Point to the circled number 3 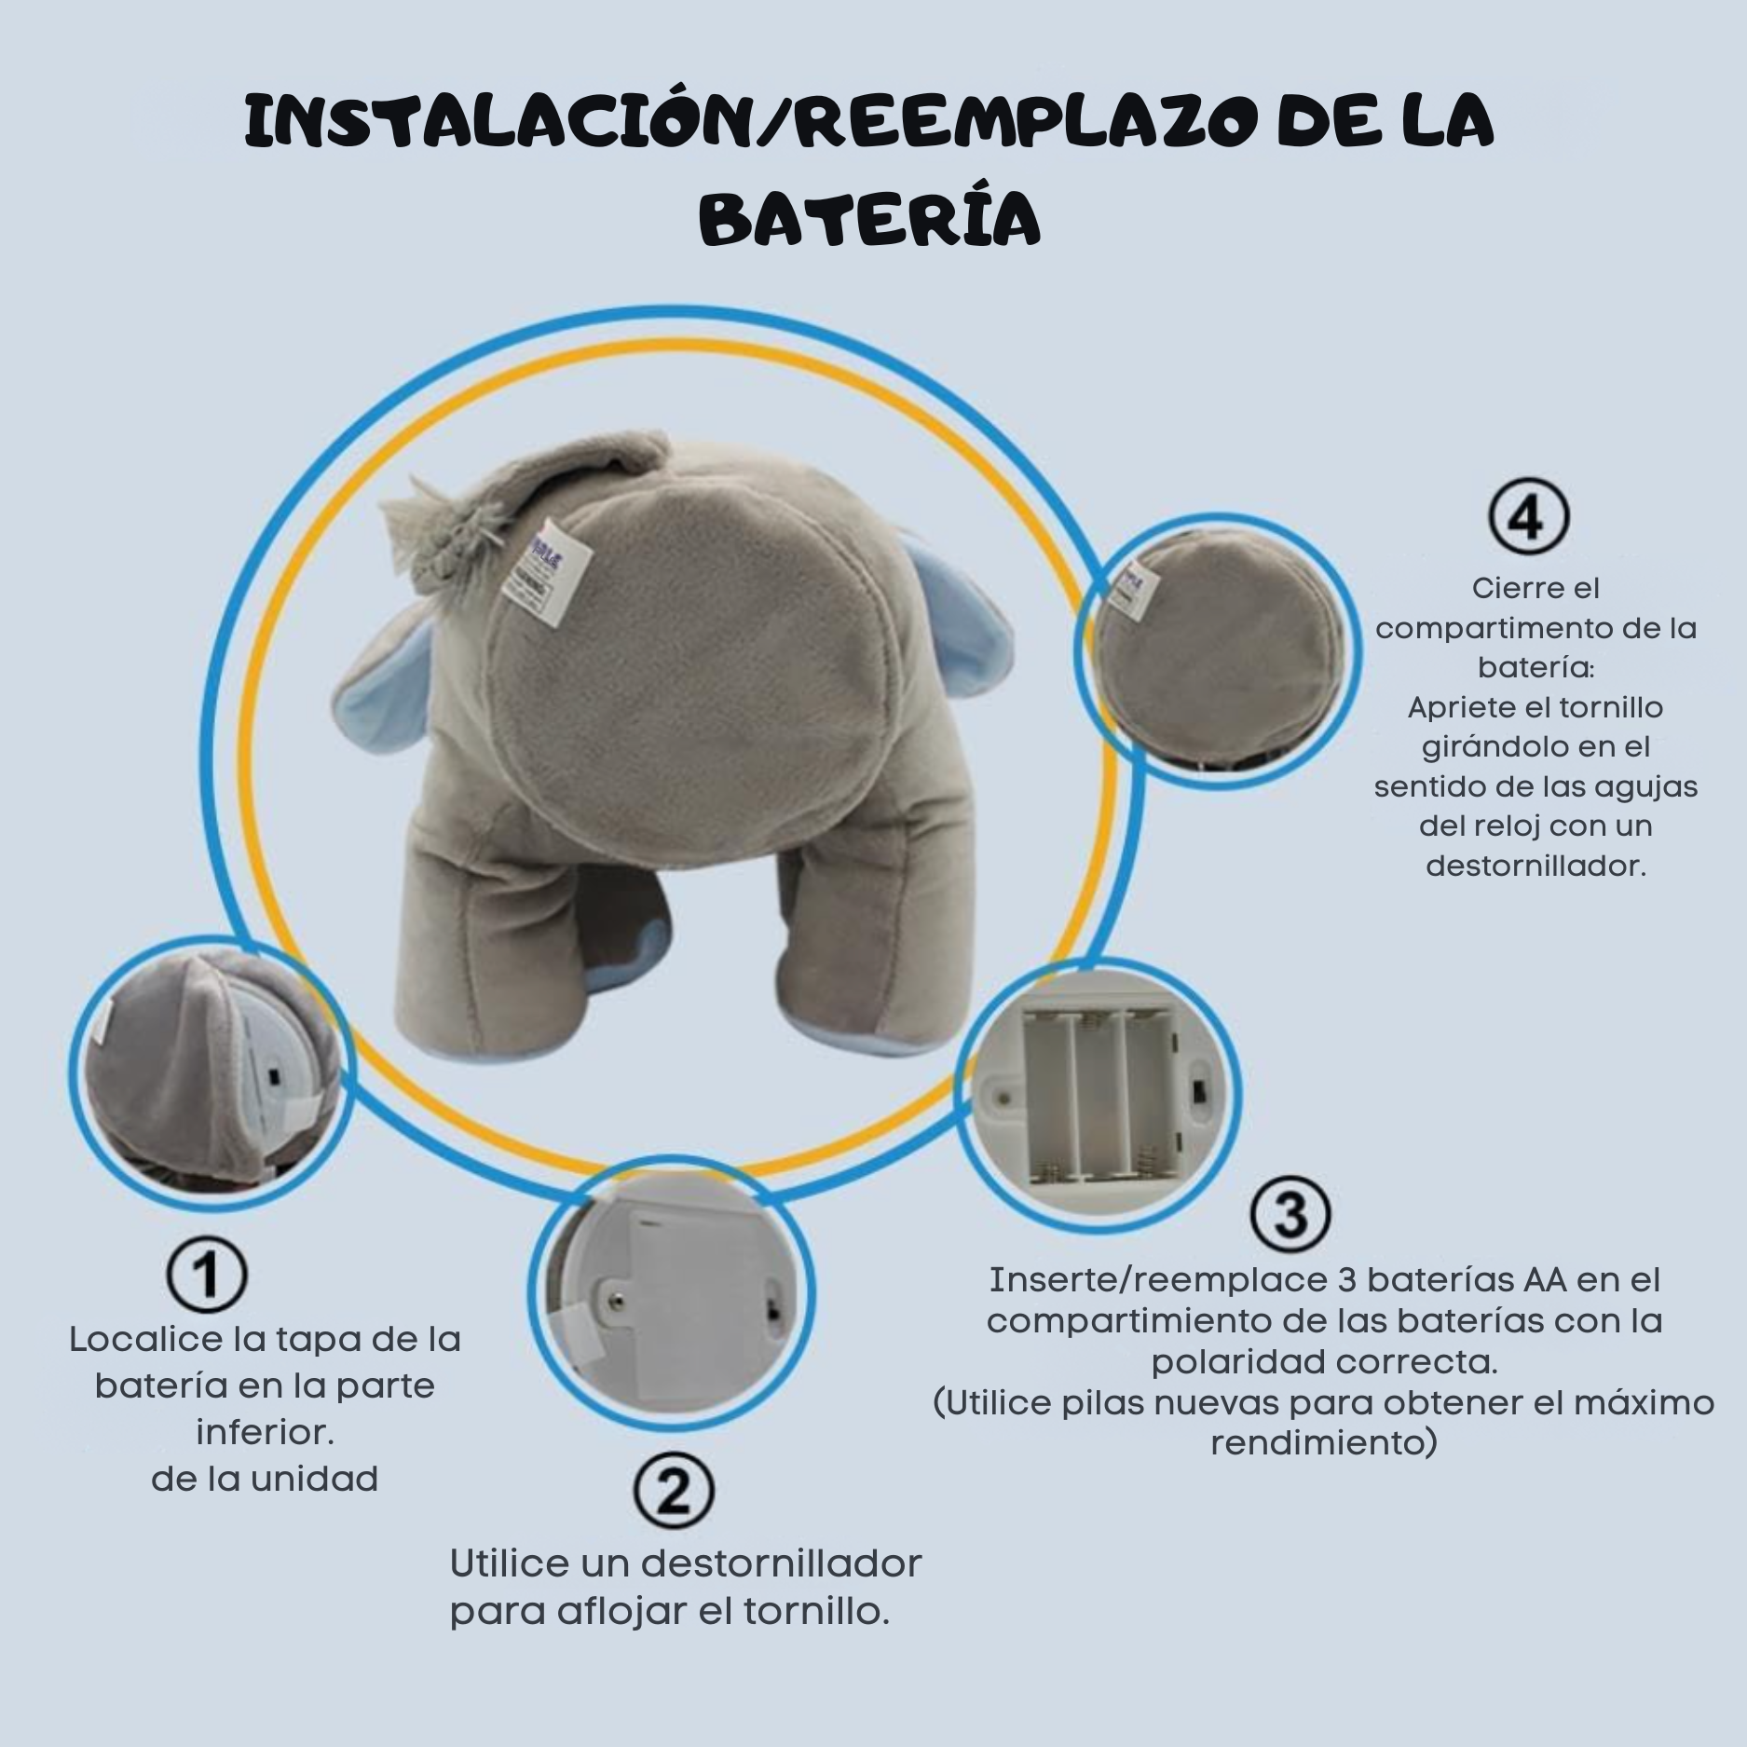click(x=1290, y=1213)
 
